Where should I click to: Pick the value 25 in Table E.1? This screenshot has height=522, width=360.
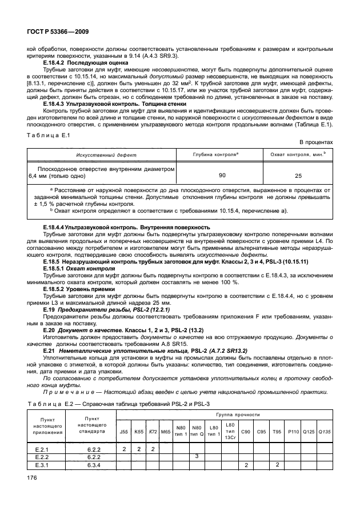[x=298, y=176]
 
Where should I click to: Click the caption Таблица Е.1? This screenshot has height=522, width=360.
[x=48, y=135]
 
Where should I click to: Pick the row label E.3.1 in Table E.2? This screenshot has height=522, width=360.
[x=42, y=465]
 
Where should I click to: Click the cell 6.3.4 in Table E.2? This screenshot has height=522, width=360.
[x=93, y=465]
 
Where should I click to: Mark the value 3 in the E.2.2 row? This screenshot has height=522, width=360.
[x=197, y=456]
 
